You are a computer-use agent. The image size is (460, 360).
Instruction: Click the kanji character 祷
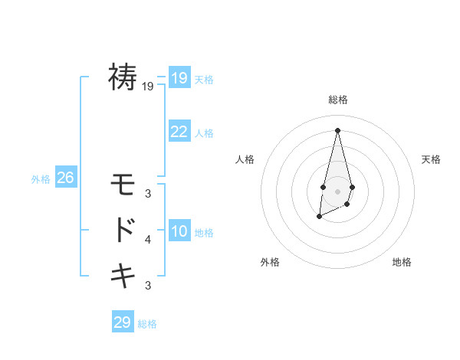(x=123, y=77)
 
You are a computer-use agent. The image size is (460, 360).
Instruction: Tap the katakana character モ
(x=123, y=185)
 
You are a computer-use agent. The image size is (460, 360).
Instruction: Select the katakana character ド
(x=125, y=229)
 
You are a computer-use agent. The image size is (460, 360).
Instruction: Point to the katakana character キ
(x=123, y=274)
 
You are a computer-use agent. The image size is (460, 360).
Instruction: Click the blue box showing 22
(x=179, y=132)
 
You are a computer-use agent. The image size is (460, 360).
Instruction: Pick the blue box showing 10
(x=179, y=231)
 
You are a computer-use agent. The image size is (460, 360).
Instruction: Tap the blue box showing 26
(x=65, y=178)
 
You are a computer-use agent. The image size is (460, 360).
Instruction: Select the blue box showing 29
(x=123, y=322)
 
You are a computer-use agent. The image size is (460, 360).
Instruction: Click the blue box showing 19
(x=179, y=78)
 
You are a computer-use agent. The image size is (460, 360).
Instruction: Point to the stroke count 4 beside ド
(x=148, y=240)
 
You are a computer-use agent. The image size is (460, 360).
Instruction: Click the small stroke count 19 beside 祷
(x=148, y=87)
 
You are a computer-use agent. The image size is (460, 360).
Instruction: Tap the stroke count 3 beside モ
(x=148, y=194)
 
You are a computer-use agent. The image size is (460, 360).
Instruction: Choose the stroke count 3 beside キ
(x=148, y=286)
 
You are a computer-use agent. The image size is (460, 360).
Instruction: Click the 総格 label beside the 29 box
(x=147, y=324)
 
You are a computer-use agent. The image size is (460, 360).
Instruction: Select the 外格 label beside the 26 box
(x=41, y=179)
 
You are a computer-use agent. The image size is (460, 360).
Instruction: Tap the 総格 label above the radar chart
(x=337, y=100)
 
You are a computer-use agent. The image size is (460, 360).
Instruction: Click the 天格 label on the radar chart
(x=432, y=159)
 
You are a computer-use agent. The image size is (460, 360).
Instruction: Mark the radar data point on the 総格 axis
(x=337, y=129)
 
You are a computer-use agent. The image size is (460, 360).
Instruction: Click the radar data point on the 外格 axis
(x=319, y=218)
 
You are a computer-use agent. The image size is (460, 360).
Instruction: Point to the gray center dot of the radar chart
(x=337, y=191)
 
